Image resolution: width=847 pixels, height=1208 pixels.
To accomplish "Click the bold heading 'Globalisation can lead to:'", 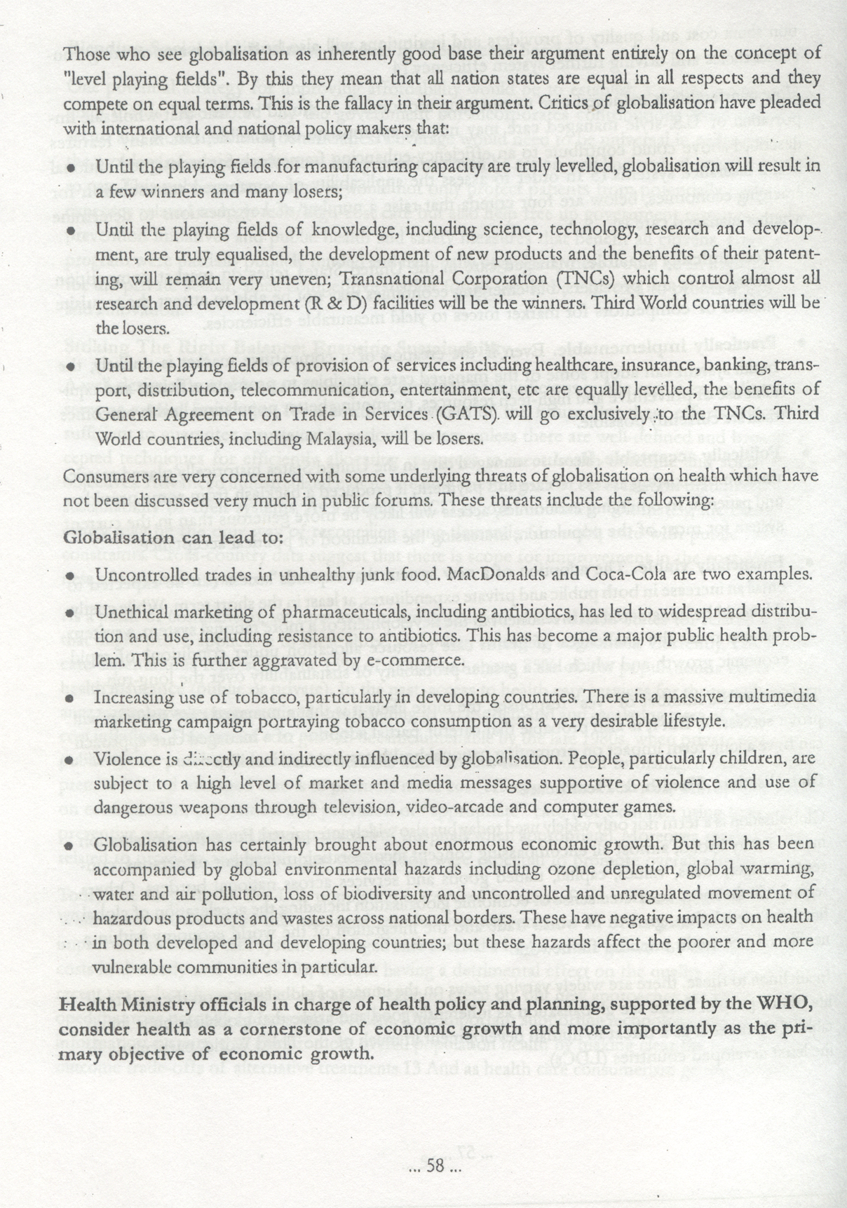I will point(172,538).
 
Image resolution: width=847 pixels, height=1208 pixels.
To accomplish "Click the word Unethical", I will point(129,613).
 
